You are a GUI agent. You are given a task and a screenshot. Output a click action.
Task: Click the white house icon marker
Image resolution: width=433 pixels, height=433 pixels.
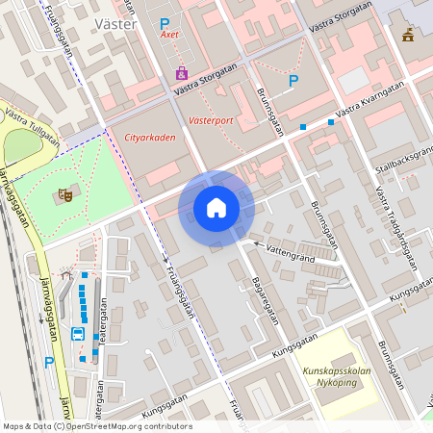216,207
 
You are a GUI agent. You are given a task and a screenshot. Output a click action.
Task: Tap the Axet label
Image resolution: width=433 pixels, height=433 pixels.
169,35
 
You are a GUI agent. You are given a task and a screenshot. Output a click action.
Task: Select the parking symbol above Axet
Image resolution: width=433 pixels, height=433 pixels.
165,22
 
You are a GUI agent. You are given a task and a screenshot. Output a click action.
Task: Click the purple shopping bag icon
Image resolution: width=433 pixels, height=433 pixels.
182,73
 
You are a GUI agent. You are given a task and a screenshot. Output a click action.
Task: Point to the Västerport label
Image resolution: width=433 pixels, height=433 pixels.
211,122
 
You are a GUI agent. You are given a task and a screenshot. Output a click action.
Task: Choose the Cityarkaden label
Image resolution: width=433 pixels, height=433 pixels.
150,138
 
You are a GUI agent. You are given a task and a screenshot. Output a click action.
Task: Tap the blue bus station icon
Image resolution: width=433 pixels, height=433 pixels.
77,334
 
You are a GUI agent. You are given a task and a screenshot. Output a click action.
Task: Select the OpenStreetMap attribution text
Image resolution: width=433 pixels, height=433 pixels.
97,426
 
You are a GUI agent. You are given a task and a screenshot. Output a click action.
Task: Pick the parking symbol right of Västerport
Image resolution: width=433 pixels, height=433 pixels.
293,82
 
